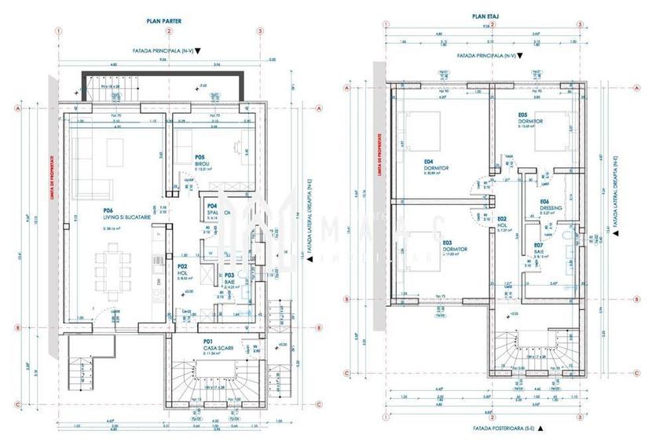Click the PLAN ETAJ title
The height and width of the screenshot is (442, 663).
(x=482, y=15)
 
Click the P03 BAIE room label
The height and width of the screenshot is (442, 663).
(x=230, y=279)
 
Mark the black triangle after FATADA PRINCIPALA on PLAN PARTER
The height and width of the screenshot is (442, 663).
(x=198, y=49)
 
